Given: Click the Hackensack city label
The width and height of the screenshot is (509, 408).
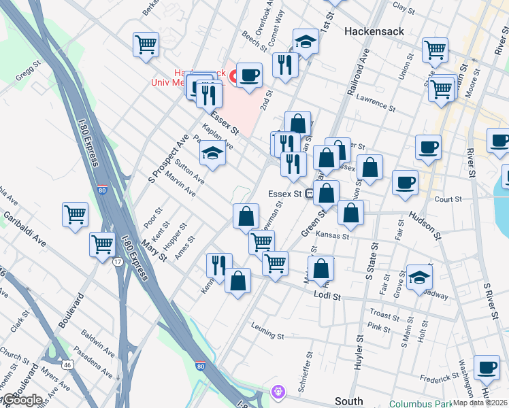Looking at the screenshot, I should (x=374, y=31).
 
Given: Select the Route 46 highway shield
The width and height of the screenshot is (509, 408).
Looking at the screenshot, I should (x=66, y=364).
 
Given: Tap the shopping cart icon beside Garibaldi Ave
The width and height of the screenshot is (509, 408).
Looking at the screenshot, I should (x=75, y=214).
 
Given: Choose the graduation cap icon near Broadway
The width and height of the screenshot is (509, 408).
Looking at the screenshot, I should (x=419, y=277).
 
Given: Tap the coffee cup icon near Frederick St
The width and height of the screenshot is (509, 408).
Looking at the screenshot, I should (x=487, y=367).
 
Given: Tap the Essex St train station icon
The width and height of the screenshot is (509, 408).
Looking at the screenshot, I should (x=309, y=194).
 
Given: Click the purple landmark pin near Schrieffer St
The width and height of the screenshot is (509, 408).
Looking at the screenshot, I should (x=278, y=391).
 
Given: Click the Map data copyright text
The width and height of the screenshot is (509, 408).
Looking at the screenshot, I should (x=480, y=403).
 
